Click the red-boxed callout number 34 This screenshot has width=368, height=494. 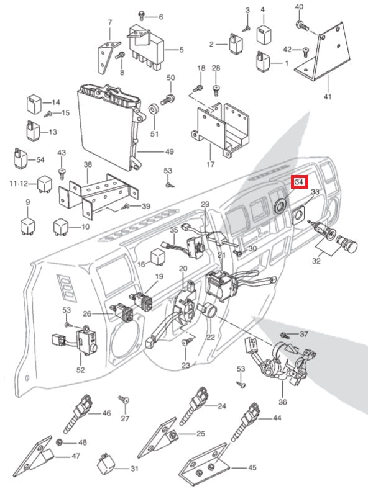[x=299, y=182]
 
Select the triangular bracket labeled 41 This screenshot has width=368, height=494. [x=325, y=53]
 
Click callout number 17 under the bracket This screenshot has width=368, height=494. [x=211, y=164]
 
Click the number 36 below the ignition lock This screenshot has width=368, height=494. [x=282, y=402]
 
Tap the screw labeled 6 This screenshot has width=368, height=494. [x=142, y=15]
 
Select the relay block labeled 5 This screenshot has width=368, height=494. [x=147, y=47]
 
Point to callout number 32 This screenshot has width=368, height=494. [x=316, y=261]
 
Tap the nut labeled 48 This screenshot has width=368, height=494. [x=58, y=442]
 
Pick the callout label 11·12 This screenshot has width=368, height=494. [x=19, y=183]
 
